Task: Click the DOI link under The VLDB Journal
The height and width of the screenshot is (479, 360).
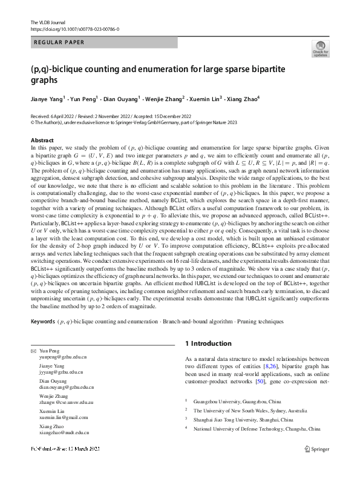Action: tap(74, 29)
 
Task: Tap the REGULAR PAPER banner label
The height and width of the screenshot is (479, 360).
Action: tap(59, 42)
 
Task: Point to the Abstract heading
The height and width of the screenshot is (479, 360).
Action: tap(42, 140)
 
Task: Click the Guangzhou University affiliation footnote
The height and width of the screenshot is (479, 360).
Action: tap(237, 401)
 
